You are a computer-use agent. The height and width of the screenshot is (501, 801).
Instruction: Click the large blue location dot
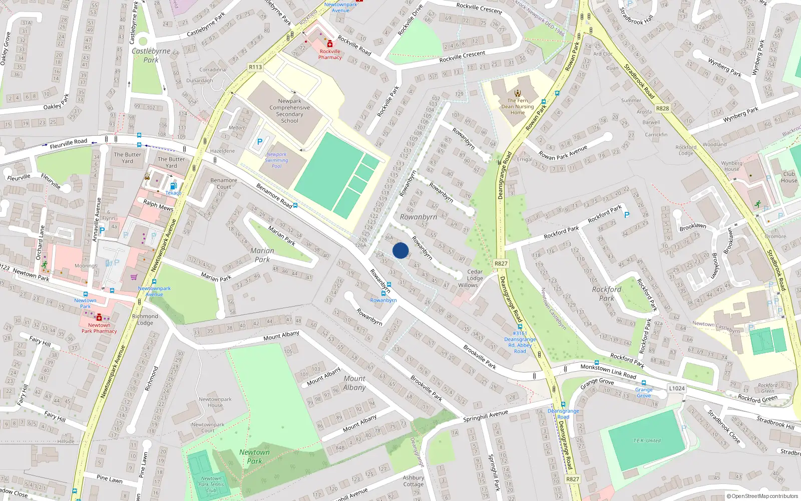pyautogui.click(x=400, y=250)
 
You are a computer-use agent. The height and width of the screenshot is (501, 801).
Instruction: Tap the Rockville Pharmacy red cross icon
pyautogui.click(x=330, y=44)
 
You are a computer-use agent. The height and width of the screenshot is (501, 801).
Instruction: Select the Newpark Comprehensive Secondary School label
pyautogui.click(x=289, y=111)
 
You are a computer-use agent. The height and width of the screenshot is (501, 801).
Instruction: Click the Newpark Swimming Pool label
pyautogui.click(x=276, y=160)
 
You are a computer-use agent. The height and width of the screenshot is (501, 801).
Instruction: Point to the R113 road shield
pyautogui.click(x=255, y=67)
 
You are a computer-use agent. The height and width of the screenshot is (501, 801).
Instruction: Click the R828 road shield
pyautogui.click(x=662, y=108)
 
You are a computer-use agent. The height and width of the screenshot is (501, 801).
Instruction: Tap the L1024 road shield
pyautogui.click(x=676, y=388)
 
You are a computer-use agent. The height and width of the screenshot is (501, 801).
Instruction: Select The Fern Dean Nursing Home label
pyautogui.click(x=518, y=106)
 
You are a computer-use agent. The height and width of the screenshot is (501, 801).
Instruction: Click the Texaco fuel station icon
pyautogui.click(x=173, y=186)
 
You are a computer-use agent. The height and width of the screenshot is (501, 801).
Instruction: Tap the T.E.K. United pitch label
pyautogui.click(x=647, y=441)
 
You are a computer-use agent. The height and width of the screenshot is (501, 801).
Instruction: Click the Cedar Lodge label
pyautogui.click(x=475, y=275)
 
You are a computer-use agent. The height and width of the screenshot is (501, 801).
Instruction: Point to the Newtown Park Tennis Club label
pyautogui.click(x=211, y=484)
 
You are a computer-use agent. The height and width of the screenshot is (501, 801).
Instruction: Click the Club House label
pyautogui.click(x=788, y=177)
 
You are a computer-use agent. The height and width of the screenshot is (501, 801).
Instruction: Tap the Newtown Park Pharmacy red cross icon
pyautogui.click(x=99, y=318)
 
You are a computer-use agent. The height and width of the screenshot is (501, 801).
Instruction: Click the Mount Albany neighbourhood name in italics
pyautogui.click(x=354, y=383)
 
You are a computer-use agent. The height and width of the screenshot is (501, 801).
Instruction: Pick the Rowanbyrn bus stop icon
pyautogui.click(x=383, y=294)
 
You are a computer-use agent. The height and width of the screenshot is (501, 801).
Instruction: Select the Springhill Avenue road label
pyautogui.click(x=485, y=415)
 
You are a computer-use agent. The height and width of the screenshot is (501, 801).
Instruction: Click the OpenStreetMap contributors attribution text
pyautogui.click(x=762, y=496)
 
